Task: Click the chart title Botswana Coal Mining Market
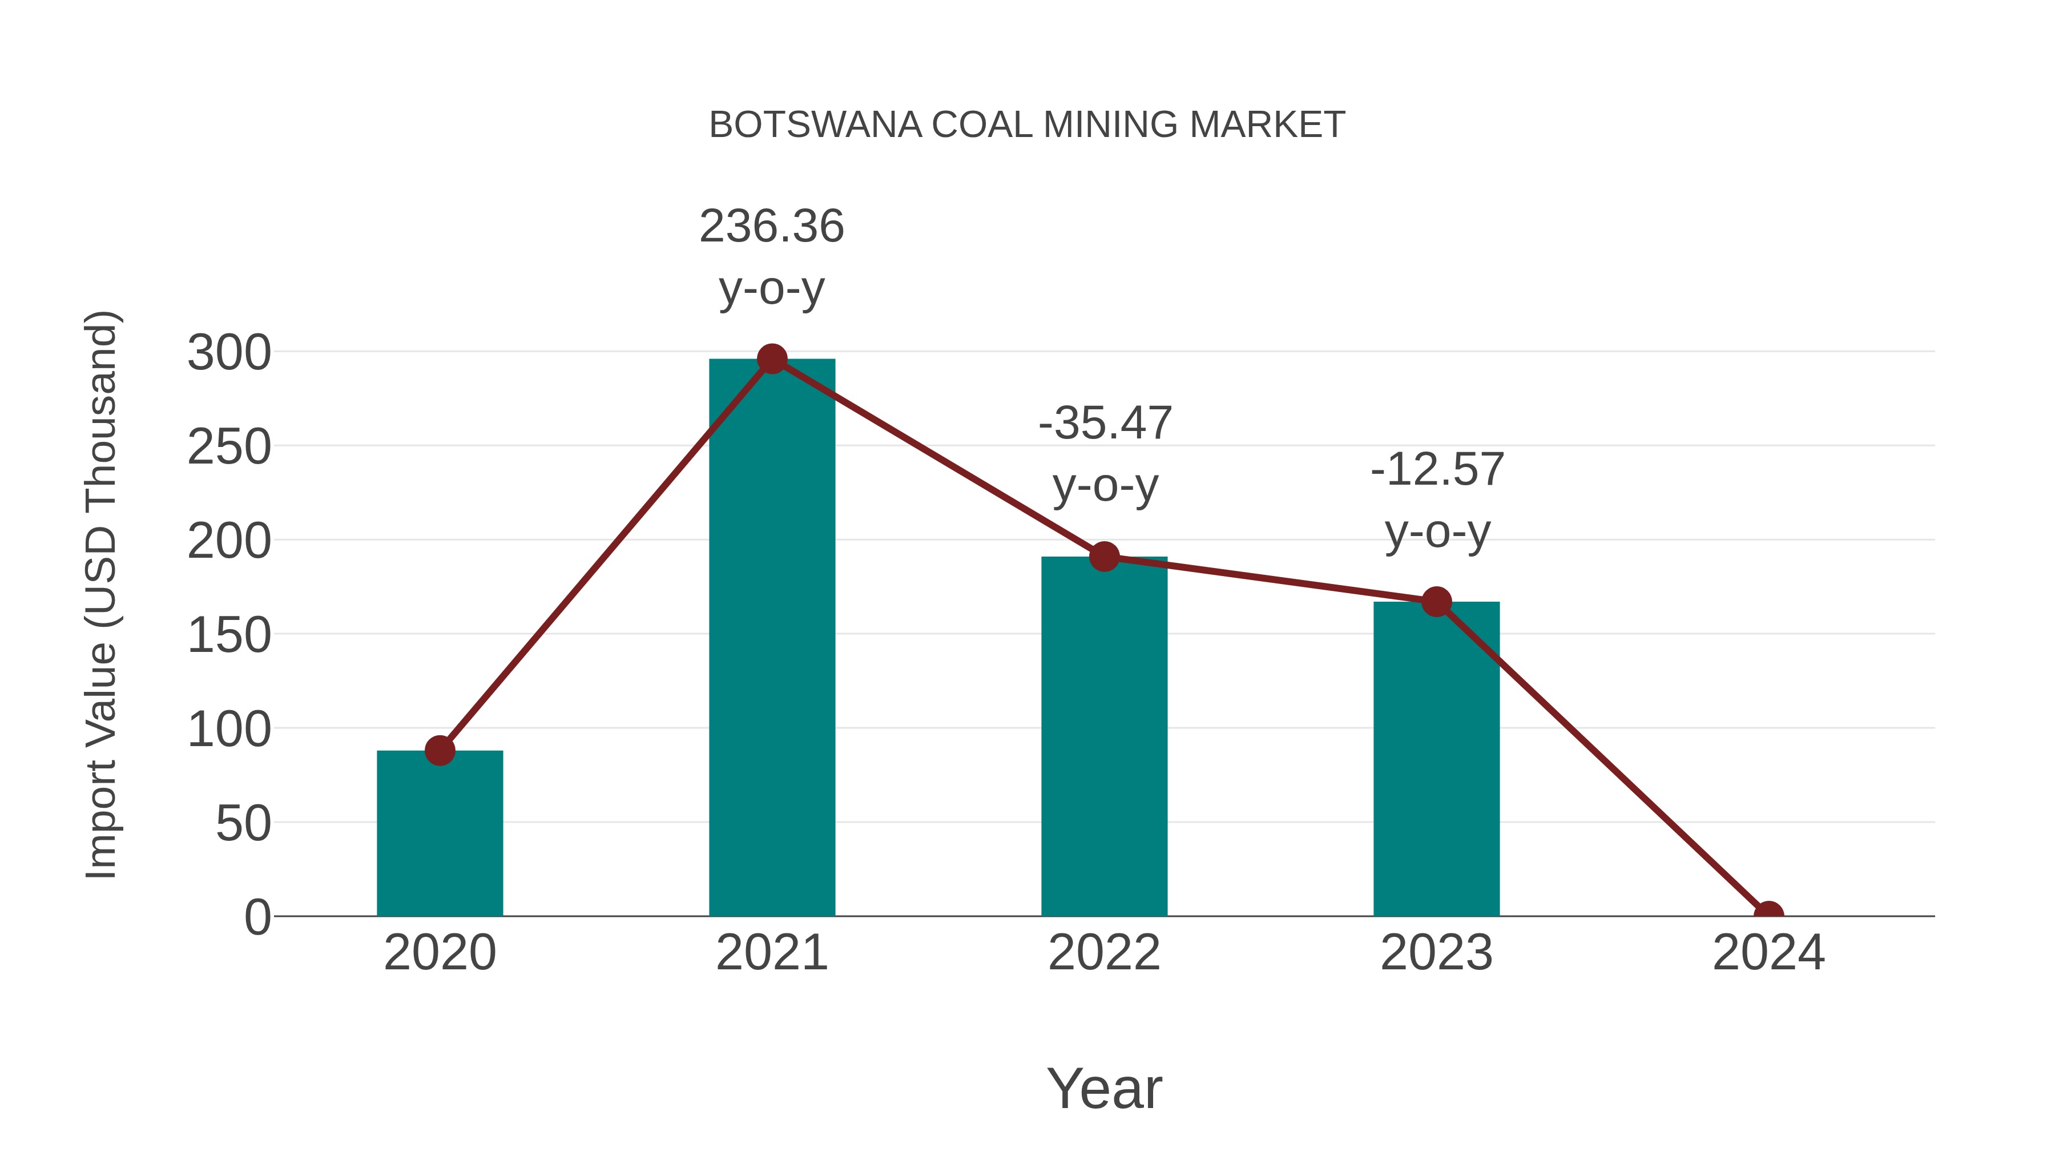click(1027, 125)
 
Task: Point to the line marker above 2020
click(440, 750)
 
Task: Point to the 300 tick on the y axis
click(229, 353)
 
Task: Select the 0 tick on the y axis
click(257, 917)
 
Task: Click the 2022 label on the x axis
click(1104, 953)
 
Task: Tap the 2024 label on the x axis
click(1768, 953)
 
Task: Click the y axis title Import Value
click(102, 594)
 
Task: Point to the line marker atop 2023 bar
click(1436, 602)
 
